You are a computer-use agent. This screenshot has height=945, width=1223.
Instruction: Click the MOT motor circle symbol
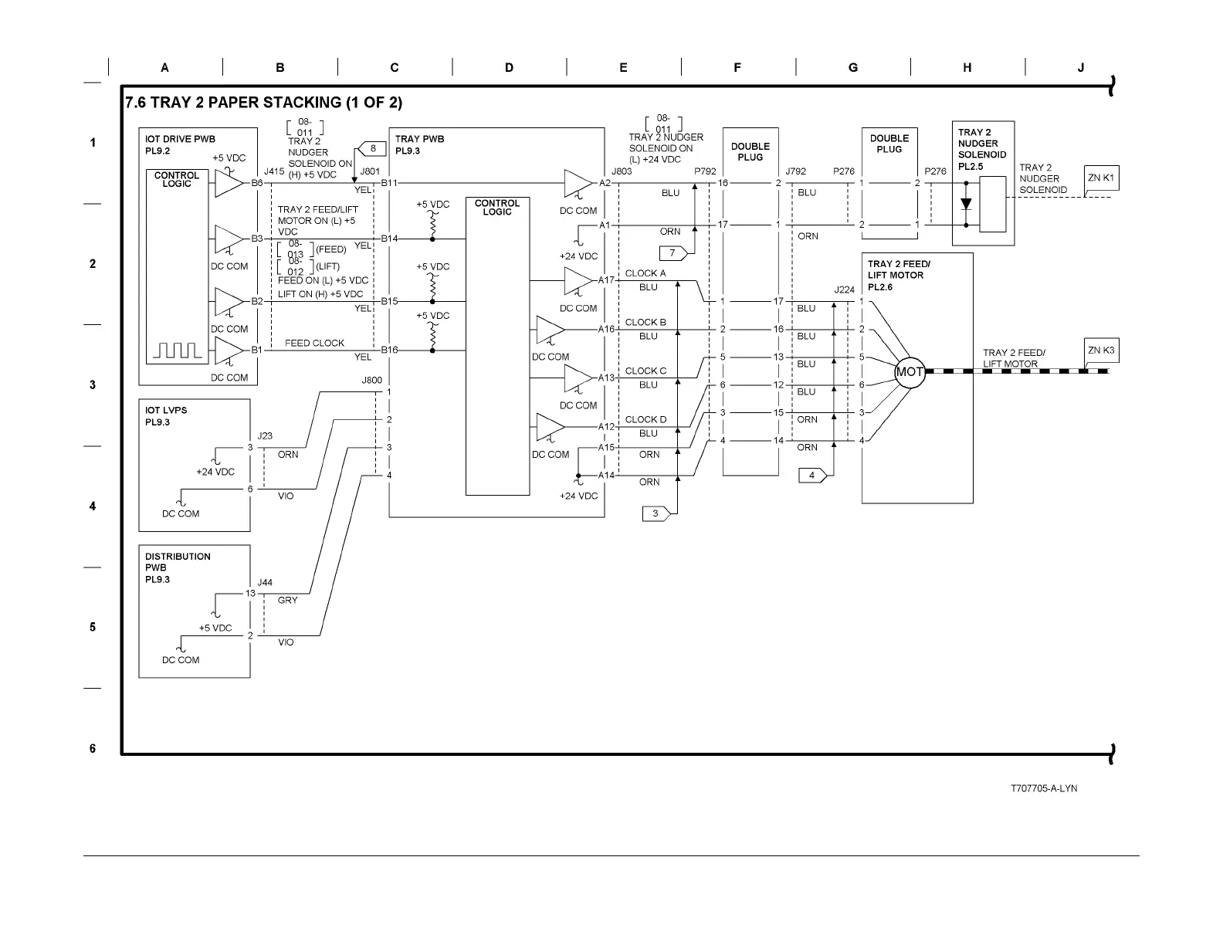[x=910, y=372]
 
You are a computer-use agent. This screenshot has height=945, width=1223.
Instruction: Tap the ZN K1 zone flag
[x=1101, y=178]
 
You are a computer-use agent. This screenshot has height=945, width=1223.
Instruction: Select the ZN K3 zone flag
[x=1101, y=351]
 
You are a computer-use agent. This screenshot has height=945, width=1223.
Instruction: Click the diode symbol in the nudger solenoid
[x=966, y=204]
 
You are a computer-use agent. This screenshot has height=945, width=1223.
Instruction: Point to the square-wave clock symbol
[x=178, y=351]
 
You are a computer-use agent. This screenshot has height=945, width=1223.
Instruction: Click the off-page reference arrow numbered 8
[x=371, y=148]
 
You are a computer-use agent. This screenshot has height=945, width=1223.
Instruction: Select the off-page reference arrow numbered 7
[x=673, y=253]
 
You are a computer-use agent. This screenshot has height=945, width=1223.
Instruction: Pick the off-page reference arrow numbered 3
[x=656, y=514]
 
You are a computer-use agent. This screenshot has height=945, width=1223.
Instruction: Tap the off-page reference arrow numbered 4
[x=813, y=476]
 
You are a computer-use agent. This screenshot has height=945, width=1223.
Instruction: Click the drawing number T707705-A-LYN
[x=1044, y=788]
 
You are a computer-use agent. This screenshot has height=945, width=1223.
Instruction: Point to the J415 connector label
[x=274, y=171]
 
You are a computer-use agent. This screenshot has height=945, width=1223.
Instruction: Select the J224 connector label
[x=844, y=290]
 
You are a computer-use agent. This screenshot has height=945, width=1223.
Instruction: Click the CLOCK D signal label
[x=645, y=420]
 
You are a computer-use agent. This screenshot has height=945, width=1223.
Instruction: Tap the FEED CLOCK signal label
[x=314, y=344]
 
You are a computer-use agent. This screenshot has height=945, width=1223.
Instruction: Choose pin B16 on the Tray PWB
[x=389, y=350]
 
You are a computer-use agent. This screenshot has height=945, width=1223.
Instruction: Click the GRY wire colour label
[x=287, y=601]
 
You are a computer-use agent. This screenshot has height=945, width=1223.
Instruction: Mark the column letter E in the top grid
[x=623, y=67]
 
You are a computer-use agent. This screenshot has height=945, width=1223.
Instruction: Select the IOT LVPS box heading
[x=166, y=410]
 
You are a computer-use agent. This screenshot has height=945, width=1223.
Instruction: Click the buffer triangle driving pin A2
[x=578, y=183]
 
